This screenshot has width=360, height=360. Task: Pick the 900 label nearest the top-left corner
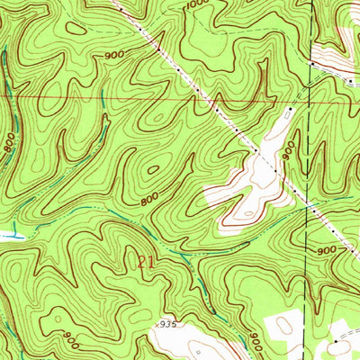point(113,56)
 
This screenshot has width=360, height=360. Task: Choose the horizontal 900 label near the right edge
point(326,249)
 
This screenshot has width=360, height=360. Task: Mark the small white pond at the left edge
point(7,235)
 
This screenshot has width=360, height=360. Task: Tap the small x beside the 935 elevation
point(148,321)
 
